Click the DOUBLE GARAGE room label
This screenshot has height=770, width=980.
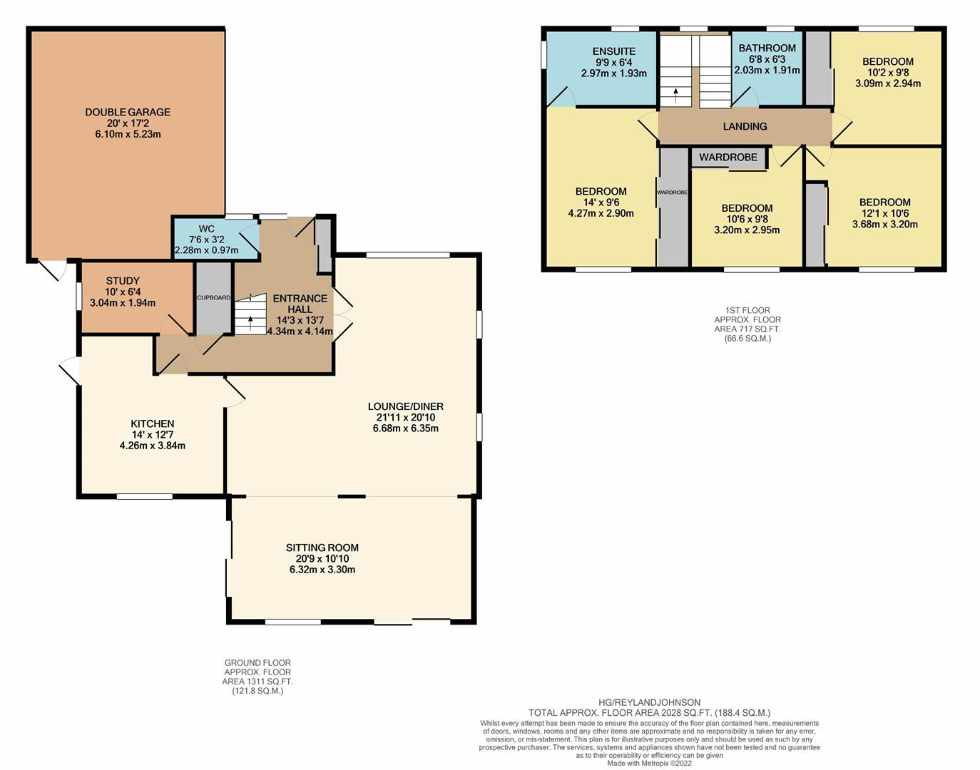[x=128, y=112]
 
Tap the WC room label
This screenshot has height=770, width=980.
[x=207, y=229]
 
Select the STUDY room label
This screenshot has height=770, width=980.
[x=123, y=280]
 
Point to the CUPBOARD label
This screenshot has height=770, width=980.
[x=214, y=298]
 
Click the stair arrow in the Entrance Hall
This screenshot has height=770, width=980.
[x=251, y=323]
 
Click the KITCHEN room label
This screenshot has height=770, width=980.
[x=153, y=423]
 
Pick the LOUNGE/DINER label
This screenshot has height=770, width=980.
[x=405, y=406]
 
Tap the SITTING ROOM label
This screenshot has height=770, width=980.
[x=322, y=548]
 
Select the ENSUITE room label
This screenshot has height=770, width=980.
[x=614, y=51]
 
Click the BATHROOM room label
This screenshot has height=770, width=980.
[x=767, y=48]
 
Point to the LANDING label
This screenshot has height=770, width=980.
[x=745, y=127]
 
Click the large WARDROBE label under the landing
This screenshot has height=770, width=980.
[x=728, y=158]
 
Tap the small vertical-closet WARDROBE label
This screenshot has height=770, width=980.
[x=672, y=192]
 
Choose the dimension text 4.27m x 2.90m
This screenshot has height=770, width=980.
[x=601, y=213]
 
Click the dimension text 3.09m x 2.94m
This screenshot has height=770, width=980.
[x=888, y=83]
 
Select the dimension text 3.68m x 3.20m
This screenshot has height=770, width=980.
[x=885, y=224]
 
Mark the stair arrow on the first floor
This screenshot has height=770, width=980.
[x=675, y=95]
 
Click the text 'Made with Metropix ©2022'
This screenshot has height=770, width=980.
[x=650, y=764]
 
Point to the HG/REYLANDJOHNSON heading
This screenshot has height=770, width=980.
[x=650, y=702]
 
